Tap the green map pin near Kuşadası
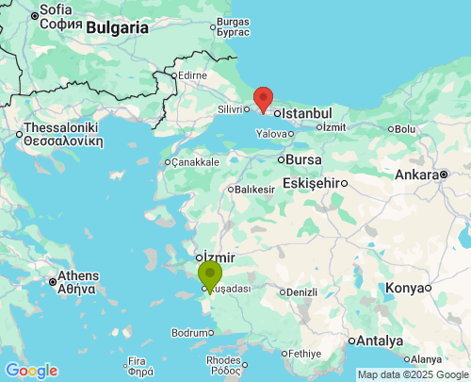coord(209,276)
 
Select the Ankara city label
coord(415,174)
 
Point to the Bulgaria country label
coord(117,27)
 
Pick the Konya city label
coord(405,288)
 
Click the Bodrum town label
coord(187,332)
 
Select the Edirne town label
coord(192,75)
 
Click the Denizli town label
coord(301,291)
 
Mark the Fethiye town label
coord(306,354)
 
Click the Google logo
coord(31,371)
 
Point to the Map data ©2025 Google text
coord(413,374)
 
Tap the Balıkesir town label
coord(255,190)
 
